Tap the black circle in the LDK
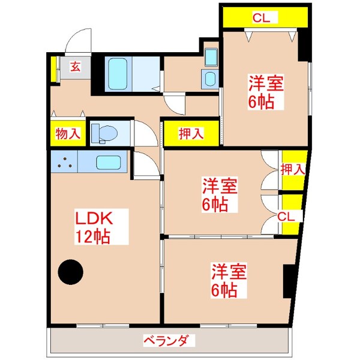point(71,272)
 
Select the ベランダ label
point(170,341)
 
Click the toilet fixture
point(103,133)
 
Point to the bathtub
point(117,73)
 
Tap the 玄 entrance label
point(76,66)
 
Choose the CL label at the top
point(260,18)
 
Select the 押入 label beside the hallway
point(191,134)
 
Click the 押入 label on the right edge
point(293,169)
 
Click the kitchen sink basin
point(109,162)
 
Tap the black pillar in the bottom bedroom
point(289,281)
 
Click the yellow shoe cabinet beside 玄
point(53,69)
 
